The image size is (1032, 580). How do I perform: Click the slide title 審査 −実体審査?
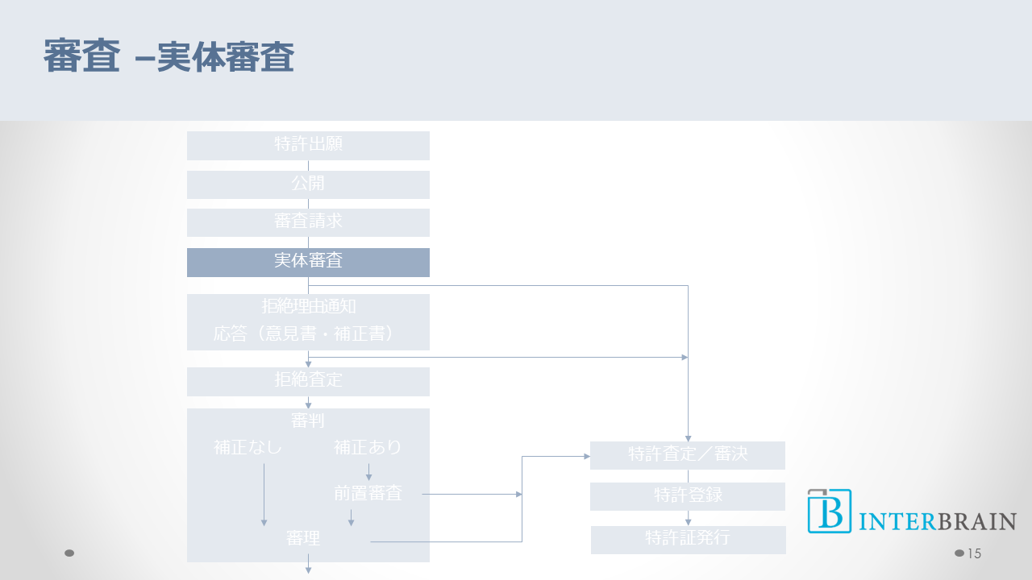click(x=169, y=58)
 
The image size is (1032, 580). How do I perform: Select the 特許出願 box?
click(x=308, y=146)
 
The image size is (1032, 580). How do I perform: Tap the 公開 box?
click(x=308, y=184)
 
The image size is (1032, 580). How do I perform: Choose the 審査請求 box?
click(x=308, y=222)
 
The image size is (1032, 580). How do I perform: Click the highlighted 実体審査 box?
click(x=308, y=262)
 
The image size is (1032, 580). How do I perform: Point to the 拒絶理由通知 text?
click(x=308, y=307)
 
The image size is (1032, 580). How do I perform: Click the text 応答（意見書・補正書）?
click(x=308, y=333)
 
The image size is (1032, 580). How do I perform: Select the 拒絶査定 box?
click(x=308, y=381)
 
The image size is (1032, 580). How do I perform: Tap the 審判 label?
click(x=308, y=420)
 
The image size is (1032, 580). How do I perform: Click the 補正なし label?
click(x=248, y=447)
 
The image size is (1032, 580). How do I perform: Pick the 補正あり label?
click(x=368, y=447)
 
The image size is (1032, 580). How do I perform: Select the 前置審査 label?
click(x=368, y=494)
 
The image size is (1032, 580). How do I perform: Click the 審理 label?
click(x=303, y=539)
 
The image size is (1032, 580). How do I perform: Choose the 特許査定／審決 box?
click(x=688, y=455)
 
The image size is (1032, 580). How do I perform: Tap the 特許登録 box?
click(x=688, y=496)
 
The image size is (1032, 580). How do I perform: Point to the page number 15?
click(x=974, y=553)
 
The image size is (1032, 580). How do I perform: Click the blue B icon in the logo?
click(x=830, y=512)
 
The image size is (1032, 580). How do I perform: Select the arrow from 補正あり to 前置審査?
click(x=368, y=472)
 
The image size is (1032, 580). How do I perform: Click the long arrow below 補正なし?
click(x=264, y=495)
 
